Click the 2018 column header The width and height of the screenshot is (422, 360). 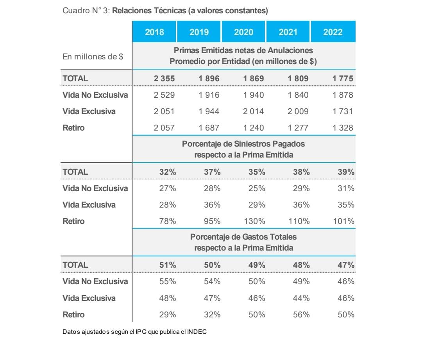click(x=154, y=32)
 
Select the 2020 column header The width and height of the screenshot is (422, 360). click(x=243, y=32)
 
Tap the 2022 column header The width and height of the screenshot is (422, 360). click(x=333, y=32)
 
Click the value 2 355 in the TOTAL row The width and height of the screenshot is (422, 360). click(x=164, y=78)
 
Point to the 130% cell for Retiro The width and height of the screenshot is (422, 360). click(x=254, y=221)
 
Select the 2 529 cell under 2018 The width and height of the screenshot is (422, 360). click(x=164, y=95)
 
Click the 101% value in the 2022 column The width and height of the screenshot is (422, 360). click(x=343, y=221)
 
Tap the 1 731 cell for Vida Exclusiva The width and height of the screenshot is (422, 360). click(x=343, y=111)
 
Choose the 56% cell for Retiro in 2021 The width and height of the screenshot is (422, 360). click(x=301, y=315)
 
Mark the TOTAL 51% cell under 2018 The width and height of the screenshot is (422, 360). click(x=167, y=265)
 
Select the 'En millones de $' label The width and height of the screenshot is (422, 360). click(x=93, y=57)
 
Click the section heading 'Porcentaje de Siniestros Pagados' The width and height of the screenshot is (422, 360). click(x=243, y=144)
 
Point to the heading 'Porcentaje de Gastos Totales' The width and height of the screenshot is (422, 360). click(x=243, y=237)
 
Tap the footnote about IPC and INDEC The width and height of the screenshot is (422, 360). click(x=134, y=332)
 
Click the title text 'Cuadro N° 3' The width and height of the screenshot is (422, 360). click(x=86, y=11)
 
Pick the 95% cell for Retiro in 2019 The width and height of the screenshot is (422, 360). click(x=212, y=221)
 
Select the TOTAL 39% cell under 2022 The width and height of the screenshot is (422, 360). click(x=346, y=172)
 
